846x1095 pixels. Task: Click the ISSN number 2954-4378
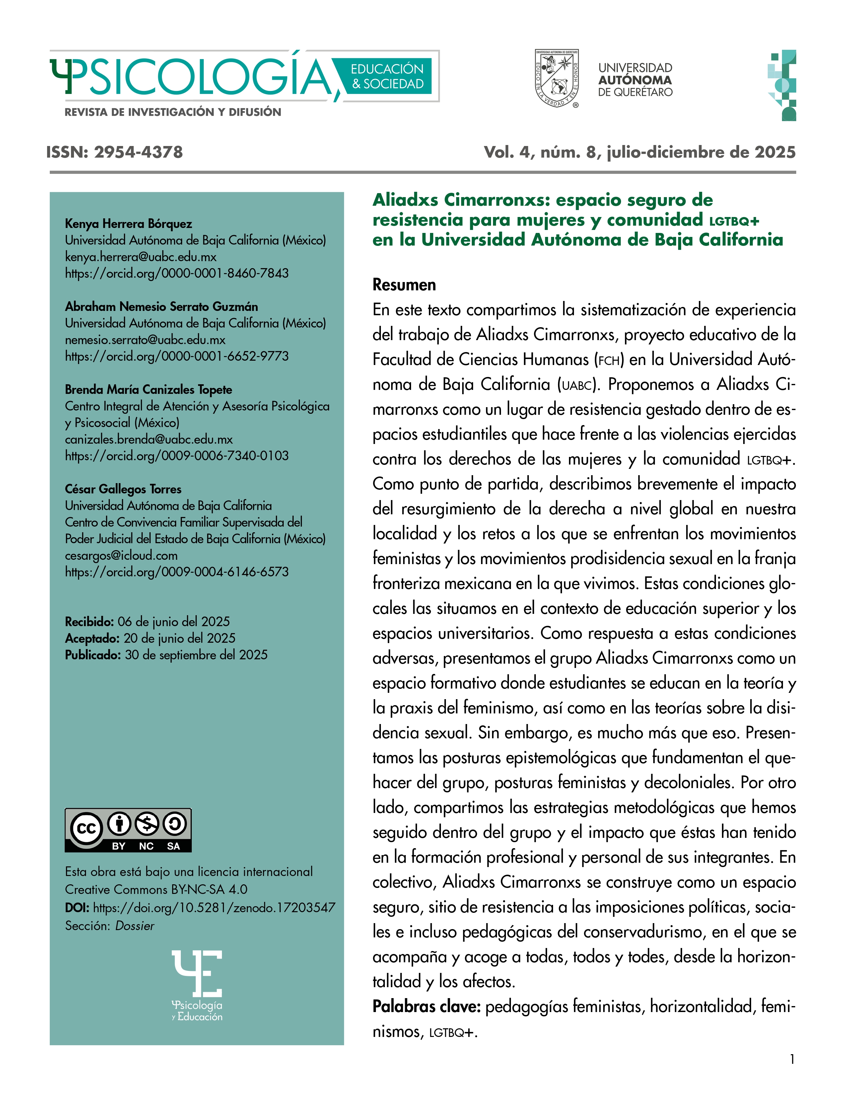pyautogui.click(x=138, y=152)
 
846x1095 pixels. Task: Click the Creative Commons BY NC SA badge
pyautogui.click(x=128, y=830)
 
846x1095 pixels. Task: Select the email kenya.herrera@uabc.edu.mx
pyautogui.click(x=140, y=257)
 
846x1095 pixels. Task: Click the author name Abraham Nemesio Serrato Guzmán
pyautogui.click(x=161, y=306)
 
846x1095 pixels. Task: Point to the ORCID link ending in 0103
pyautogui.click(x=176, y=455)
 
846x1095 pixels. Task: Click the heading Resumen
pyautogui.click(x=404, y=285)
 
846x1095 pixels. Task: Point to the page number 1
pyautogui.click(x=792, y=1059)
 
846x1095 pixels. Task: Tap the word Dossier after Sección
pyautogui.click(x=134, y=925)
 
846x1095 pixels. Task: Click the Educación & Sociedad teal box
pyautogui.click(x=387, y=76)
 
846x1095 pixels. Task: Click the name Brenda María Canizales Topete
pyautogui.click(x=148, y=389)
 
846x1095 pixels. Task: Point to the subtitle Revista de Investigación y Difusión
pyautogui.click(x=173, y=112)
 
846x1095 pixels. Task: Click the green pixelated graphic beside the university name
pyautogui.click(x=782, y=85)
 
